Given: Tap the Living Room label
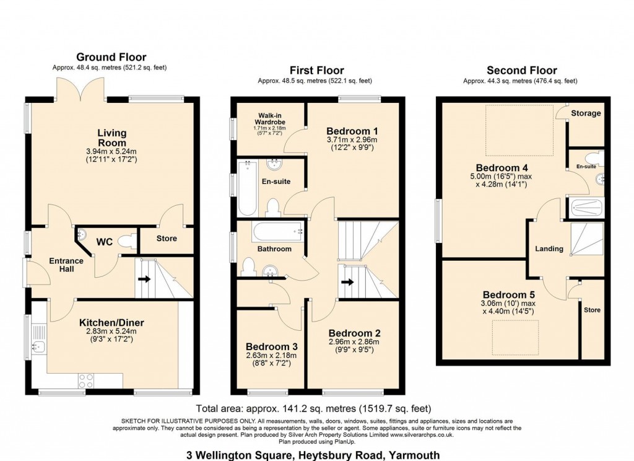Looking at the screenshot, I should (x=111, y=138).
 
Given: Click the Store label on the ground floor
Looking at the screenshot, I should (x=167, y=239).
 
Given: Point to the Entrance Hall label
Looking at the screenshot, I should (x=66, y=266).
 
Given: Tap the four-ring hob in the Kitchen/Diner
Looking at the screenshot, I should (x=86, y=380).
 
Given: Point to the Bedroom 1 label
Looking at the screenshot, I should (x=352, y=131).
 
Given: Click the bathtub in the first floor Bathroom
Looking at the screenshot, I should (x=277, y=233).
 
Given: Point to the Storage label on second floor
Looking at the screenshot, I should (x=586, y=113).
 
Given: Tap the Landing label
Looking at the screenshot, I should (x=549, y=248).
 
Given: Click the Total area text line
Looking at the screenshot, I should (x=313, y=408).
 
